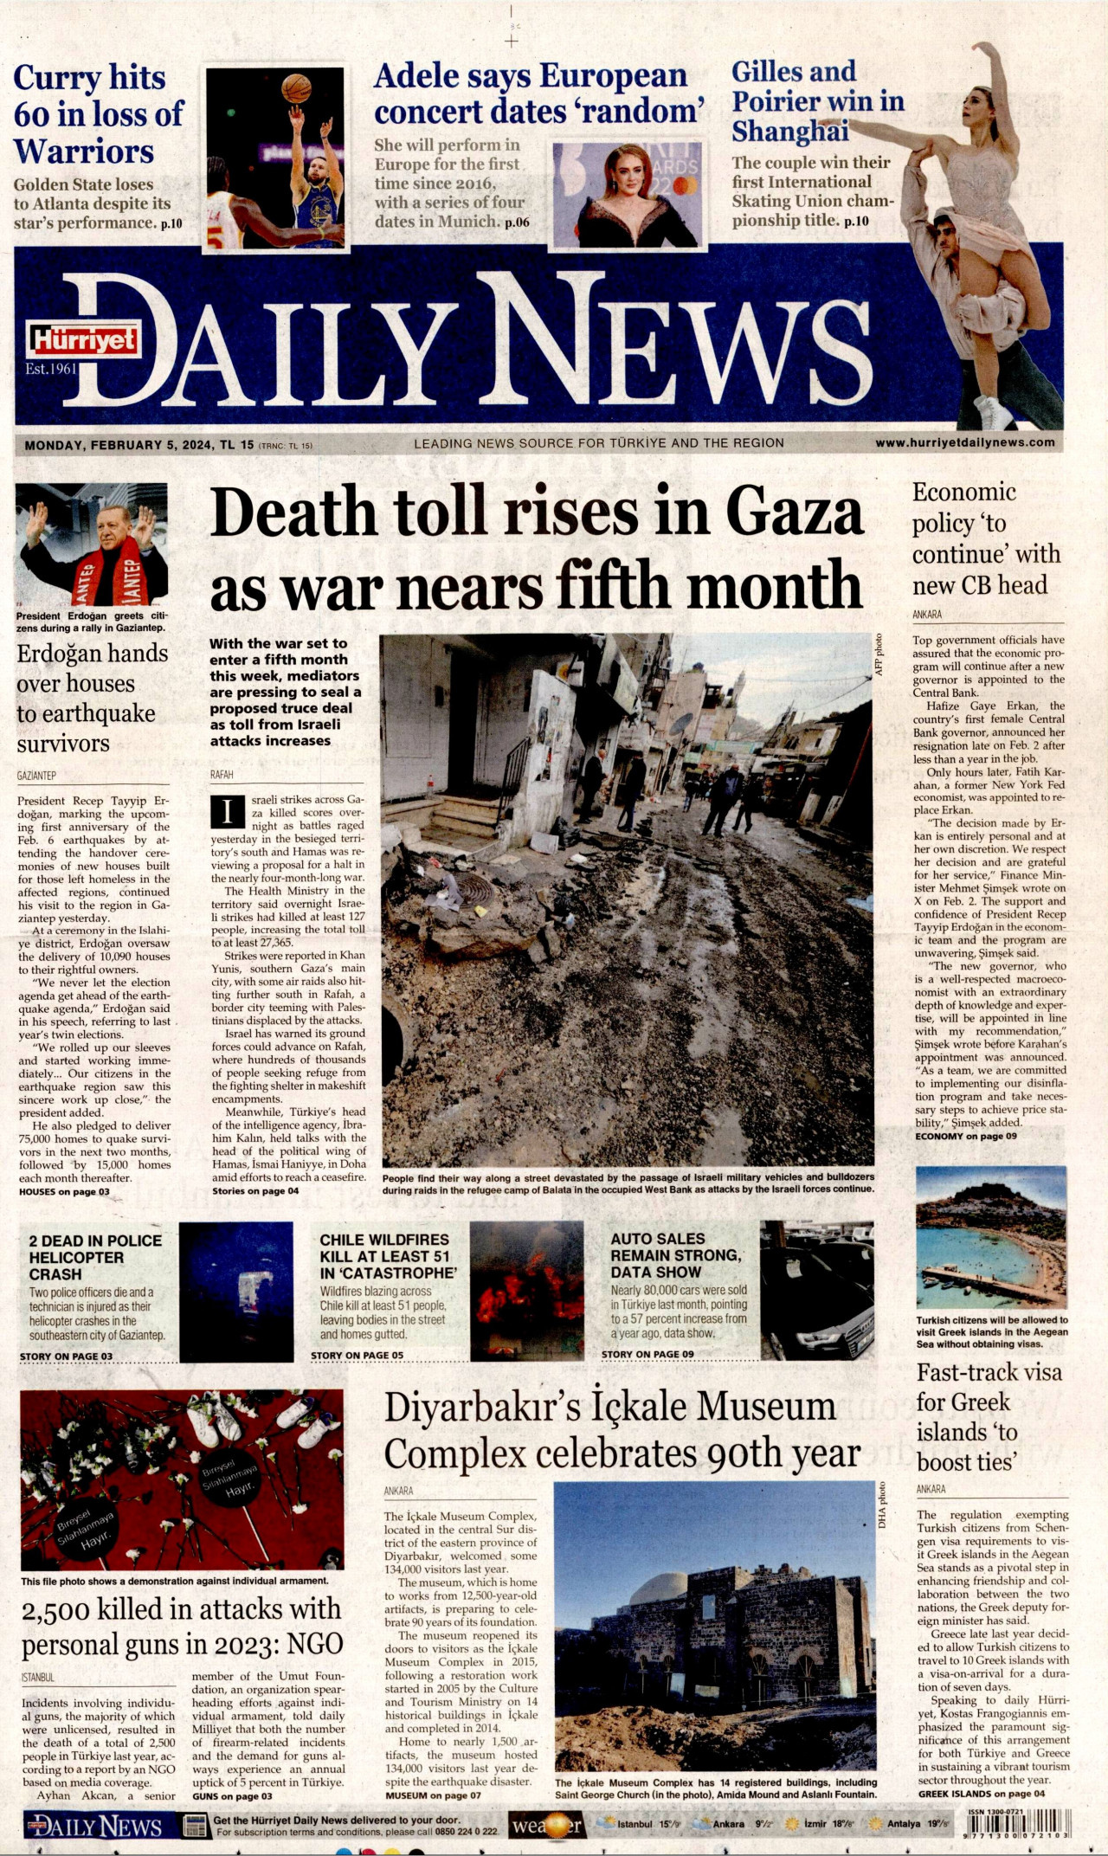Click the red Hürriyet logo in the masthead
(x=84, y=340)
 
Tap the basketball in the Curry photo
(x=296, y=87)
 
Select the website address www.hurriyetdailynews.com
(x=964, y=442)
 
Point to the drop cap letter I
(x=228, y=812)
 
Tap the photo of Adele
(x=628, y=190)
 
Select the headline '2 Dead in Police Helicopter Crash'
(x=95, y=1257)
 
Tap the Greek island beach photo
(x=991, y=1238)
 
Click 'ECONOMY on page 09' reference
(x=965, y=1136)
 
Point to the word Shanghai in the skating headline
(x=789, y=132)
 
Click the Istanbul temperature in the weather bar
(x=669, y=1824)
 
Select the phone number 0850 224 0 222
(x=466, y=1832)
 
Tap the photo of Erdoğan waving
(x=92, y=545)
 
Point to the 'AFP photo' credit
(x=878, y=654)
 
